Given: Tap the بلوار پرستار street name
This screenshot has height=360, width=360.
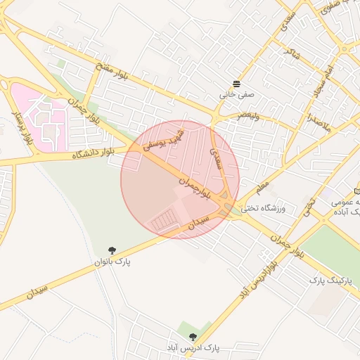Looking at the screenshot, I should [x=22, y=127].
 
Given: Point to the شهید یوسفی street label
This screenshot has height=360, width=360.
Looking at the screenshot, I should [x=164, y=140].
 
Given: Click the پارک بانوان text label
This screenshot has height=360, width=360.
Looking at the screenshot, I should [x=113, y=262].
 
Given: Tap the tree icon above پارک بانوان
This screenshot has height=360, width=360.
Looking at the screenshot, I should [x=112, y=250].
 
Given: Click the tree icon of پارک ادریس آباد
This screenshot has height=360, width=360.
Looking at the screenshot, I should [x=193, y=337].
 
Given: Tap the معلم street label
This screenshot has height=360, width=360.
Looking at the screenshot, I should [x=262, y=188].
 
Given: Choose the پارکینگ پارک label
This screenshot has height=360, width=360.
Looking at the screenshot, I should [x=330, y=280].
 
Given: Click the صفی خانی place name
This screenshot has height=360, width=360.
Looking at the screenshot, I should [x=237, y=92].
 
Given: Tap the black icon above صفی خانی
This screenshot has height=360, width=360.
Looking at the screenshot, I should [x=237, y=82].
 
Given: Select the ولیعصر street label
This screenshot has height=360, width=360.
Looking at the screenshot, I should [x=247, y=115].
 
